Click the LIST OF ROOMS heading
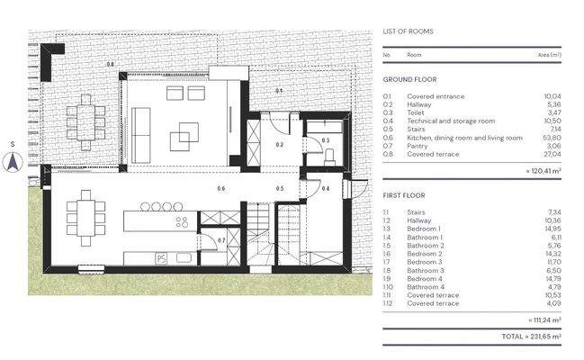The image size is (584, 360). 408,31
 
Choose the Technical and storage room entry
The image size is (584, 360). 451,121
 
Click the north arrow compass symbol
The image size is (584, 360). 13,161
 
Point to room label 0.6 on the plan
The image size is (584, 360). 221,188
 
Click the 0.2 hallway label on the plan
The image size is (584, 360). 280,144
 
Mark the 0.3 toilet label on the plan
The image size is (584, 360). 326,141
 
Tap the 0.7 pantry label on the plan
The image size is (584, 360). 221,240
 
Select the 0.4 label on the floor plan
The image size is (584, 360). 326,188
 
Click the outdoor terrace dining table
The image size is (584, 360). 86,121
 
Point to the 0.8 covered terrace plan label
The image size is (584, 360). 110,64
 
